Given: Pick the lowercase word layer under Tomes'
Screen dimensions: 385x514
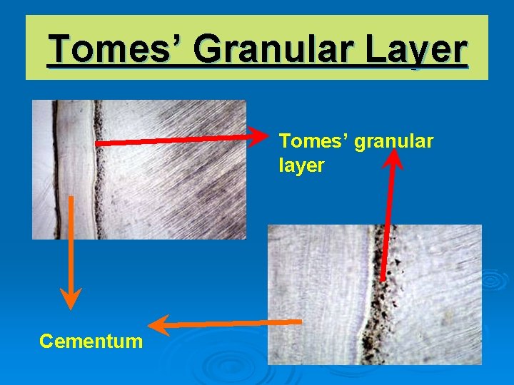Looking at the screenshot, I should coord(301,165).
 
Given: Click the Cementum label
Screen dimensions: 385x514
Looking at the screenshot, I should coord(91,341).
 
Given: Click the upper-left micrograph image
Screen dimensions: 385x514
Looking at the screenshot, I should coord(138,169).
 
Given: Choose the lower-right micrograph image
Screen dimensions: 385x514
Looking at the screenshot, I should coord(374,294).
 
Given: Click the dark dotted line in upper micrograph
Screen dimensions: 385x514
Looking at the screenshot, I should coord(99,171).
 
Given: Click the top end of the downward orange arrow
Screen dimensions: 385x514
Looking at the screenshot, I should coord(71,198).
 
